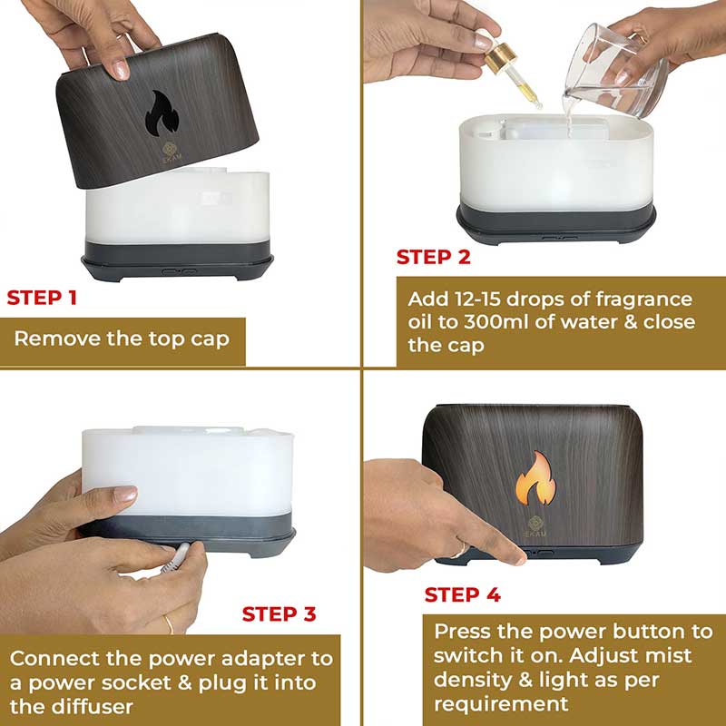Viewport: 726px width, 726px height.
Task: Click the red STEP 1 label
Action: click(42, 298)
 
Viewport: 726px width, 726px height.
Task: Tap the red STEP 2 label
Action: click(434, 257)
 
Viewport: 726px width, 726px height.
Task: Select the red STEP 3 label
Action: click(280, 614)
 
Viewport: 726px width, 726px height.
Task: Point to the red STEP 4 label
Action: click(463, 594)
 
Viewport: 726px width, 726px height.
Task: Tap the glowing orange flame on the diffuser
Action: click(535, 479)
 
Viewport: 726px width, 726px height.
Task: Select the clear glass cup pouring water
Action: click(617, 70)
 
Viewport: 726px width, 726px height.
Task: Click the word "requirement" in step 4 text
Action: click(501, 704)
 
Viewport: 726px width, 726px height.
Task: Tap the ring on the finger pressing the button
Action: click(460, 551)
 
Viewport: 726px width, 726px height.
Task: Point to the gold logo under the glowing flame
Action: click(535, 526)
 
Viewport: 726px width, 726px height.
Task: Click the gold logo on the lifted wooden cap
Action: click(171, 151)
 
